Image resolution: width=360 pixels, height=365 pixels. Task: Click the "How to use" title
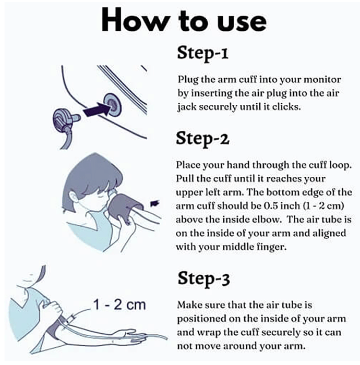184,21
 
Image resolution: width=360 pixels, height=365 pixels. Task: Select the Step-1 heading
202,53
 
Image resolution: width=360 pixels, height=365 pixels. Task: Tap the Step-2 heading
202,139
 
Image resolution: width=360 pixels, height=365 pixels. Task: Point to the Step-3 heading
204,279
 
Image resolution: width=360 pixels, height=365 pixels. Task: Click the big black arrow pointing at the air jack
96,109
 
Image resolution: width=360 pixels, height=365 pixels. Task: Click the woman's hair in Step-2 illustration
93,175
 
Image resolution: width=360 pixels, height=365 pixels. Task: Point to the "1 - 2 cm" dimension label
119,304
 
